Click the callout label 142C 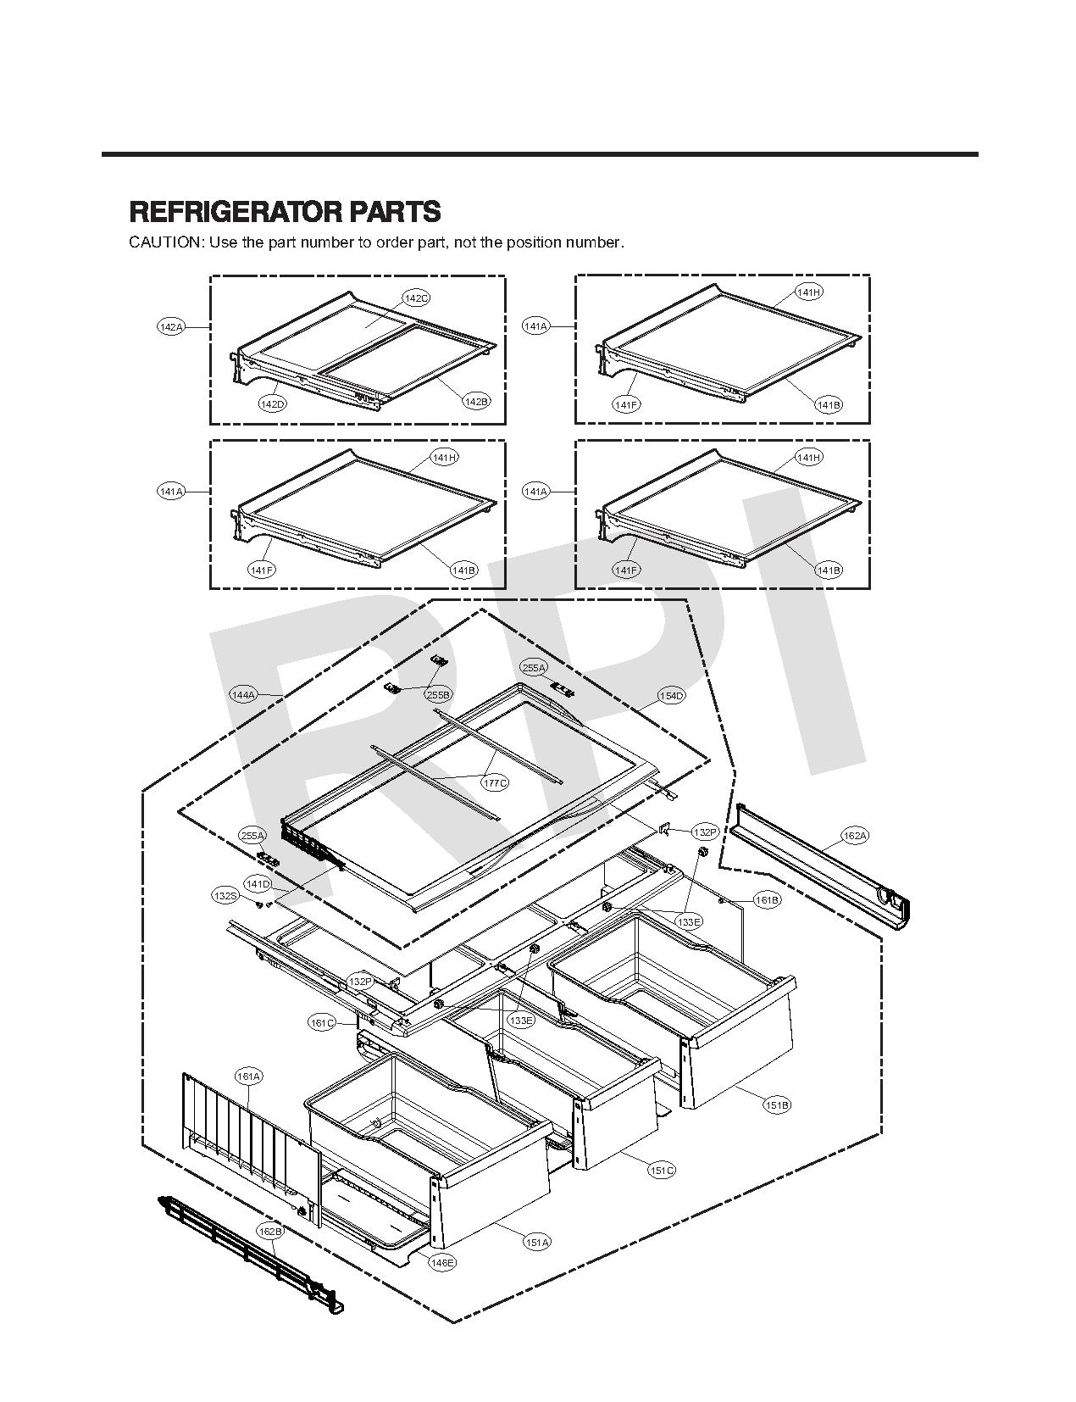tap(416, 298)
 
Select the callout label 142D tap(272, 404)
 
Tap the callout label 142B tap(476, 401)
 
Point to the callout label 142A tap(171, 326)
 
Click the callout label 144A tap(243, 695)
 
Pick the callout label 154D tap(671, 696)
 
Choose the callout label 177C tap(495, 782)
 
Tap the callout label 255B tap(438, 695)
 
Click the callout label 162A tap(855, 836)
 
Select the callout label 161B tap(767, 899)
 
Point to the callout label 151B tap(777, 1105)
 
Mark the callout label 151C tap(662, 1171)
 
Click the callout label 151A tap(537, 1243)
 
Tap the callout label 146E tap(442, 1263)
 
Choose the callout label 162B tap(270, 1232)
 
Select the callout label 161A tap(249, 1077)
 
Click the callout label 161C tap(321, 1023)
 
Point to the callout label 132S tap(225, 895)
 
